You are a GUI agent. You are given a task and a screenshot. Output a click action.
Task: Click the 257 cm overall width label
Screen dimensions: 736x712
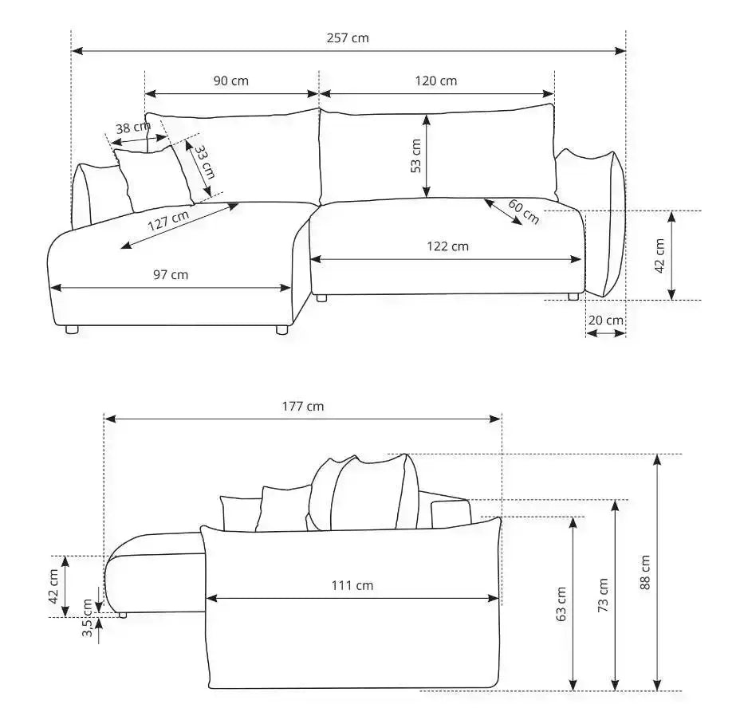coord(348,38)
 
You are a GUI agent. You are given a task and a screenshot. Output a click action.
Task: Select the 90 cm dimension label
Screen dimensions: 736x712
coord(231,81)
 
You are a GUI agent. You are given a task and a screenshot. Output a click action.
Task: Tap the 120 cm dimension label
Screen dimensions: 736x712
coord(435,81)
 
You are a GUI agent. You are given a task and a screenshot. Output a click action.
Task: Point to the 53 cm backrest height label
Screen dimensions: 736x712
coord(416,155)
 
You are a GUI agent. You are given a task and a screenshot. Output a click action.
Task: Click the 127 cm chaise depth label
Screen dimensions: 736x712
coord(168,220)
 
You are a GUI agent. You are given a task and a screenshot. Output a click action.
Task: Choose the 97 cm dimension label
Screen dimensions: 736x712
coord(171,274)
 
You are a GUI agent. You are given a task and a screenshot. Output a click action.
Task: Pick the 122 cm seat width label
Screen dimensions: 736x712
coord(447,246)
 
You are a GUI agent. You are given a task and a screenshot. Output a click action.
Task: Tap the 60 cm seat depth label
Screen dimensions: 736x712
coord(524,212)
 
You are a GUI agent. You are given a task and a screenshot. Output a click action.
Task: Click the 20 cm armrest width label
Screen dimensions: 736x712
coord(605,320)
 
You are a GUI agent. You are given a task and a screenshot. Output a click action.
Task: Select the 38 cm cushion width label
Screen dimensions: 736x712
coord(133,128)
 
